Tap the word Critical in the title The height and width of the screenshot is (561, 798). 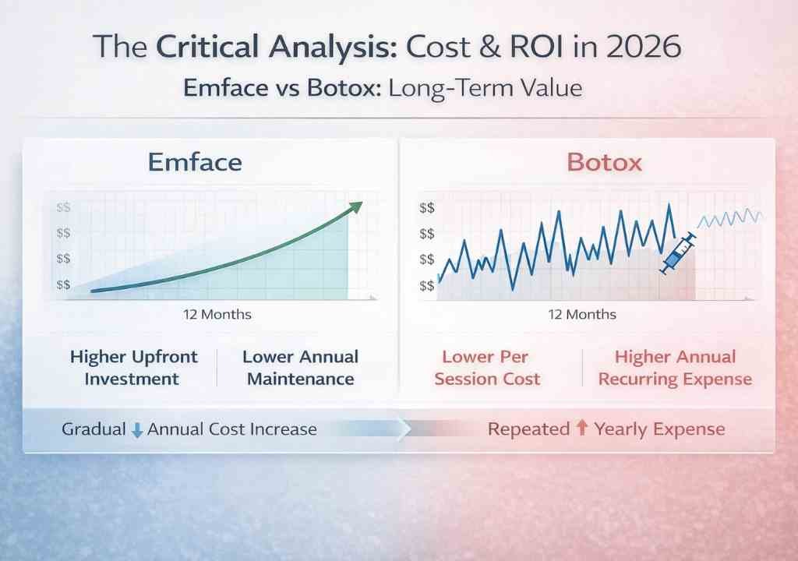pyautogui.click(x=208, y=48)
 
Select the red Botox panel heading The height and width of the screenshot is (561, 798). pyautogui.click(x=604, y=162)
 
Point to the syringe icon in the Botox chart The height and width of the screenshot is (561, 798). pyautogui.click(x=676, y=254)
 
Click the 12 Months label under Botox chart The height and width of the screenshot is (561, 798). pyautogui.click(x=581, y=315)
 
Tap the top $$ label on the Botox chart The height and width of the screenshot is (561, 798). pyautogui.click(x=427, y=208)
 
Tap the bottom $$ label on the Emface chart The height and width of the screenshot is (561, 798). pyautogui.click(x=63, y=285)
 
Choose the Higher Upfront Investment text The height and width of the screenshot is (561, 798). pyautogui.click(x=133, y=369)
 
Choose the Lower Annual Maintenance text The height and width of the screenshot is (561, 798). pyautogui.click(x=300, y=369)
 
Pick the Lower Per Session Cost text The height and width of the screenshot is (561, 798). pyautogui.click(x=487, y=369)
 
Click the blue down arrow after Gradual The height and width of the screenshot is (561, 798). pyautogui.click(x=137, y=430)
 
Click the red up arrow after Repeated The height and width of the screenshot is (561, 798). pyautogui.click(x=581, y=429)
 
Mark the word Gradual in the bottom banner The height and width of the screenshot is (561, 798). pyautogui.click(x=94, y=429)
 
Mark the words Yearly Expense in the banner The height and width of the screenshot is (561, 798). pyautogui.click(x=659, y=429)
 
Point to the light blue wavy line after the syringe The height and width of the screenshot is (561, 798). pyautogui.click(x=730, y=217)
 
